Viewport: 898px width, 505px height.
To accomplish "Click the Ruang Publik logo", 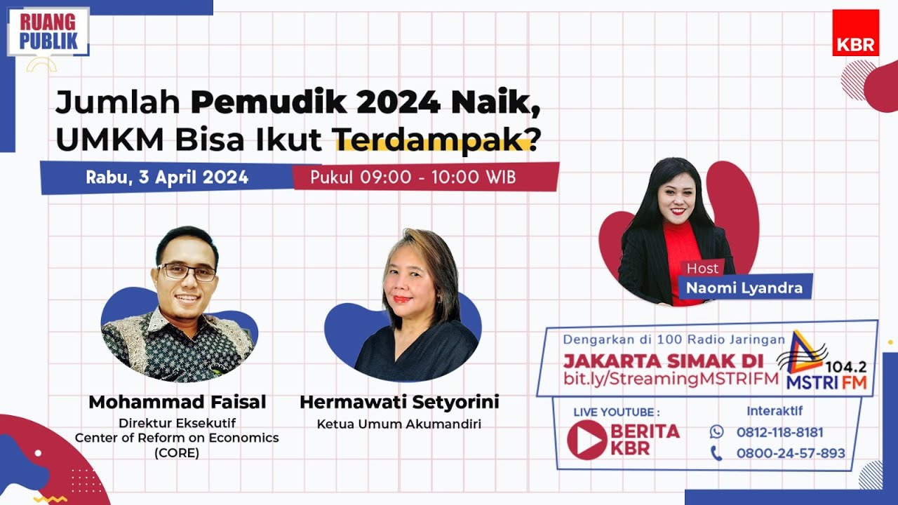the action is tap(48, 32).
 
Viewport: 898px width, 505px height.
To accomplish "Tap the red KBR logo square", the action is tap(855, 33).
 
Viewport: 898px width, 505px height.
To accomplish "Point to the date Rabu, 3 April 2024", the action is tap(167, 177).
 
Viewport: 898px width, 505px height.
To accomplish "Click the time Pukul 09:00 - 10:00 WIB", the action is tap(413, 177).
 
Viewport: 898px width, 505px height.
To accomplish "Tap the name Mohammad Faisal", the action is tap(177, 402).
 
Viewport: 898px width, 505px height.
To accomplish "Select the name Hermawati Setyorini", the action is tap(399, 402).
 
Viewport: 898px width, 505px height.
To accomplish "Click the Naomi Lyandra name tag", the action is tap(744, 288).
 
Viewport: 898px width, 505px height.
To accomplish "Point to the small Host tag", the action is tap(702, 268).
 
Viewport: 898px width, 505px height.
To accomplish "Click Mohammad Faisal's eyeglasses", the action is tap(188, 272).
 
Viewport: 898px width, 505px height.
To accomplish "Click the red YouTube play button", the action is tap(587, 440).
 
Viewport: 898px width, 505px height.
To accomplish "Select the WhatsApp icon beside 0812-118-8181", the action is tap(716, 431).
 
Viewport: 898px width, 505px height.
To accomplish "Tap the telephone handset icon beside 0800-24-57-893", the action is tap(716, 453).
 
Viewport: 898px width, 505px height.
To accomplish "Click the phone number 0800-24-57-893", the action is tap(791, 453).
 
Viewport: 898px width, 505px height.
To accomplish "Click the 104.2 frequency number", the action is tap(845, 367).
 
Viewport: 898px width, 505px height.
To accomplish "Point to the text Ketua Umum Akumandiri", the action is tap(399, 424).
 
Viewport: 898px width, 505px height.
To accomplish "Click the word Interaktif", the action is tap(775, 411).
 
